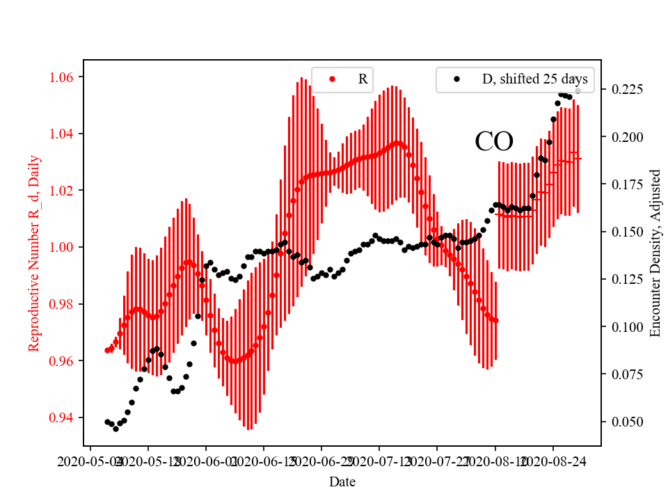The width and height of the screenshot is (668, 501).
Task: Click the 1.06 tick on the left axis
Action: point(64,77)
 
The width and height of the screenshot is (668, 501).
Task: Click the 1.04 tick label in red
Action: point(64,134)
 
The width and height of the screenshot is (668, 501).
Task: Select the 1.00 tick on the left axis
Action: point(64,247)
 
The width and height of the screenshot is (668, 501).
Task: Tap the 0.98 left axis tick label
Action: point(64,304)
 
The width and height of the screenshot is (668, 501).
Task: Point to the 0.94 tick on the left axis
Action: point(64,417)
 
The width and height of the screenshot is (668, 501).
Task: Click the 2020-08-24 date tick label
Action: point(553,461)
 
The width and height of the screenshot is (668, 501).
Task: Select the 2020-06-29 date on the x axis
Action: point(321,461)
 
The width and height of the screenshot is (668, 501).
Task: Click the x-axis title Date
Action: point(342,482)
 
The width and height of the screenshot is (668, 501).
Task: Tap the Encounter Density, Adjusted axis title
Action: point(654,253)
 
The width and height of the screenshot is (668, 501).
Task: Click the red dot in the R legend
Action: point(332,79)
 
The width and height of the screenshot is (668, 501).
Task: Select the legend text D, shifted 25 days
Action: point(534,79)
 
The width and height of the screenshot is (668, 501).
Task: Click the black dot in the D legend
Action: point(456,79)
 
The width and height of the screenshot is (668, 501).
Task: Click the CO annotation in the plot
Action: point(494,142)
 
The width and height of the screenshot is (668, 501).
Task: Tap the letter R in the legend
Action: point(363,79)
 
